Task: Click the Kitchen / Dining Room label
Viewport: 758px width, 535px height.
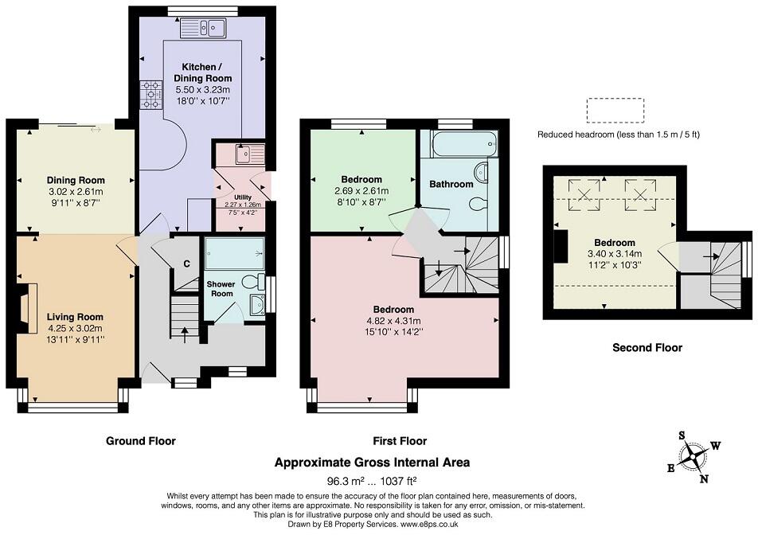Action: coord(202,72)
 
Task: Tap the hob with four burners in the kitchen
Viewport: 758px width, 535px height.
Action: coord(151,95)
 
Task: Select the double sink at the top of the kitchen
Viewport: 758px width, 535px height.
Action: coord(203,28)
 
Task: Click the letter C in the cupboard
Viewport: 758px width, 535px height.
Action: coord(186,264)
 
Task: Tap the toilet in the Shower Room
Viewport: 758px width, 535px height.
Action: coord(253,283)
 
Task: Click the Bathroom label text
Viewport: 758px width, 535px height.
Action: coord(451,184)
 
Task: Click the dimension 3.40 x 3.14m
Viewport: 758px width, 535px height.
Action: coord(614,254)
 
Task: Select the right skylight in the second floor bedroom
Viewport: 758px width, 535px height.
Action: coord(640,195)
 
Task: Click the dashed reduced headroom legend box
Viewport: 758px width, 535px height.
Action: coord(615,111)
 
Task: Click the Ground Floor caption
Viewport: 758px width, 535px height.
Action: coord(141,441)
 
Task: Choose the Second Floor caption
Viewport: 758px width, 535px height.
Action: coord(647,347)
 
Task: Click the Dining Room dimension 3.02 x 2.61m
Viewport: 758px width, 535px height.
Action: coord(76,192)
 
